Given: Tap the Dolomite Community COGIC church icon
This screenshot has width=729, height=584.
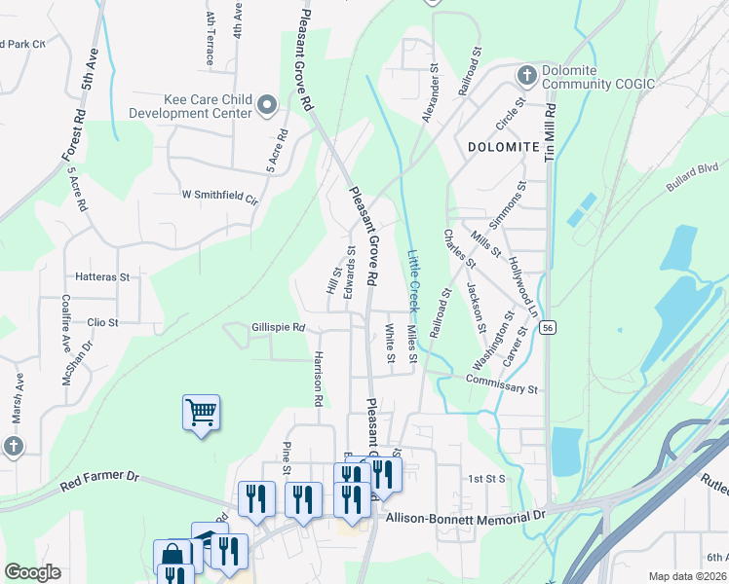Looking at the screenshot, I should (526, 76).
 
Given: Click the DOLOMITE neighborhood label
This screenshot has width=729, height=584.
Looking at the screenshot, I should (503, 147).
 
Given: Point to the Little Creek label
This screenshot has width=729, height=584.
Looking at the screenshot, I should (412, 280).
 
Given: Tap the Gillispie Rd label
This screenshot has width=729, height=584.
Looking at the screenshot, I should (279, 328).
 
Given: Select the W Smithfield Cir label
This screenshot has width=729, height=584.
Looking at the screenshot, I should (220, 195).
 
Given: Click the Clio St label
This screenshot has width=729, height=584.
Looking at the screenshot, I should (102, 322).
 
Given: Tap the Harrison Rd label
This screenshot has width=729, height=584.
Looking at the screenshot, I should (318, 379).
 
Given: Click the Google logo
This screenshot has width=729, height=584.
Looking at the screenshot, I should (32, 572).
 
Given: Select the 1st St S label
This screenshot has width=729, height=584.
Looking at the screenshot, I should (485, 479).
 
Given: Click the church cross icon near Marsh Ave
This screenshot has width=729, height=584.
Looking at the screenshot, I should (13, 447).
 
